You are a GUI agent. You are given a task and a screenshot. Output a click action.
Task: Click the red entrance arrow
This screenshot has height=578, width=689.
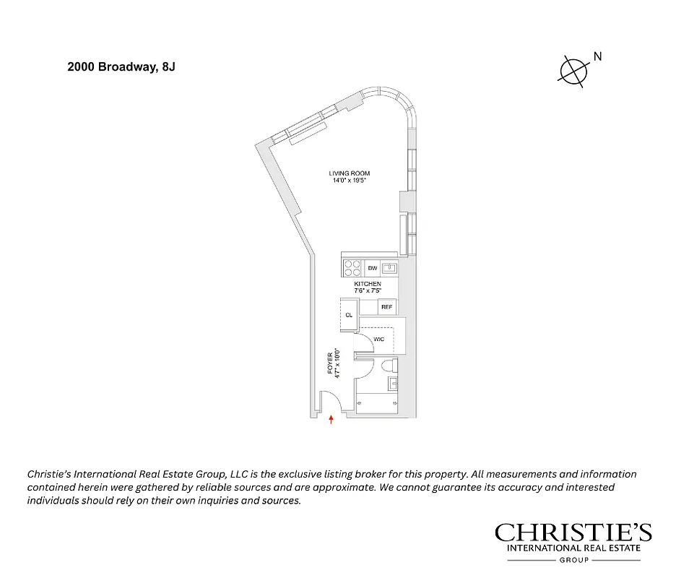331,419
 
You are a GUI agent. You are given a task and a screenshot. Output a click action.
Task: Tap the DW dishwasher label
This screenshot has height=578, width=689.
373,268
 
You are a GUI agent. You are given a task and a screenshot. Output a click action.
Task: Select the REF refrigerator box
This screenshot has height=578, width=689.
386,308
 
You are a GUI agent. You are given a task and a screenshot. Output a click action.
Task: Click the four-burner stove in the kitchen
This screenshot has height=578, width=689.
352,268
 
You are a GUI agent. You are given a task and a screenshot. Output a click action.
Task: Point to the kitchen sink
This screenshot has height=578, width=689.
389,268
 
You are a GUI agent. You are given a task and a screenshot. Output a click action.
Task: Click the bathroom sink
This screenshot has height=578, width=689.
393,383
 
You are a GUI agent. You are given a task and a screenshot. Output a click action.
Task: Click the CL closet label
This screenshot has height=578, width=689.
348,315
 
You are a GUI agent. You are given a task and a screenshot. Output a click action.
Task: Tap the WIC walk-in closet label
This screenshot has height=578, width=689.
378,339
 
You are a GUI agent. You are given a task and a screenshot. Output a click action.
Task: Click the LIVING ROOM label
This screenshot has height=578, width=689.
350,173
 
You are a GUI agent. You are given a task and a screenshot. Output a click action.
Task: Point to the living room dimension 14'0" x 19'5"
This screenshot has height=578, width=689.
350,181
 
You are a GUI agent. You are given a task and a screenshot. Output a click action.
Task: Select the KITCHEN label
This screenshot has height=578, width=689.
368,284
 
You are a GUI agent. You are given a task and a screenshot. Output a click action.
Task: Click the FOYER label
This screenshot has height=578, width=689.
330,363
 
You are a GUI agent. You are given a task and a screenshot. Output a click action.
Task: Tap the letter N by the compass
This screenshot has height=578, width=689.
597,56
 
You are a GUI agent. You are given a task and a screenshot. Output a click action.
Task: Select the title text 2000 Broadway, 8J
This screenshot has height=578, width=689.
121,66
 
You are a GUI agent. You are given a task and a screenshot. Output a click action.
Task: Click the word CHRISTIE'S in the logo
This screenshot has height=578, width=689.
573,533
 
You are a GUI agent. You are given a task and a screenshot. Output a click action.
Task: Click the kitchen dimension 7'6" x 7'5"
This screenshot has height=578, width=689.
368,291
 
